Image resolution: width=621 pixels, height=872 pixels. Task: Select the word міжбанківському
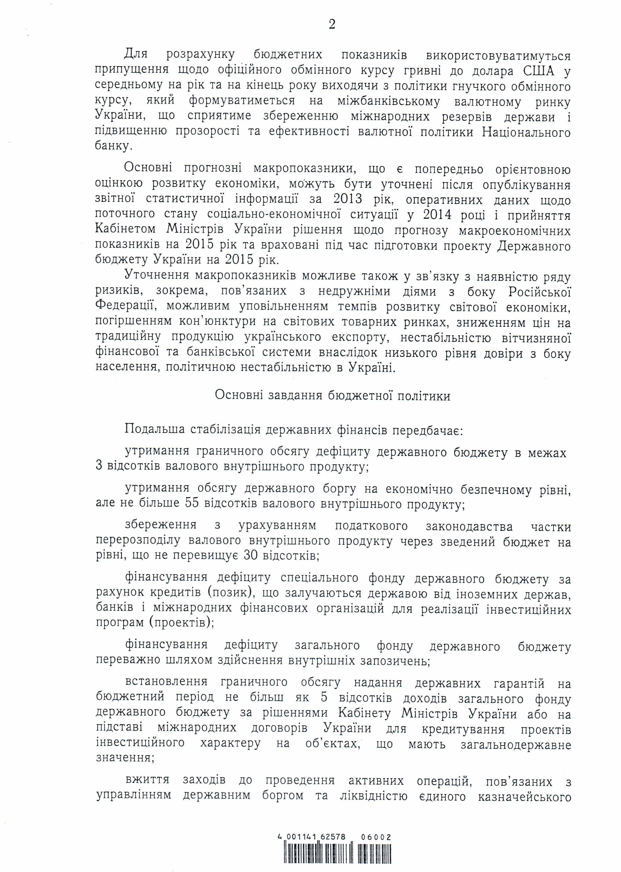[x=389, y=102]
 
